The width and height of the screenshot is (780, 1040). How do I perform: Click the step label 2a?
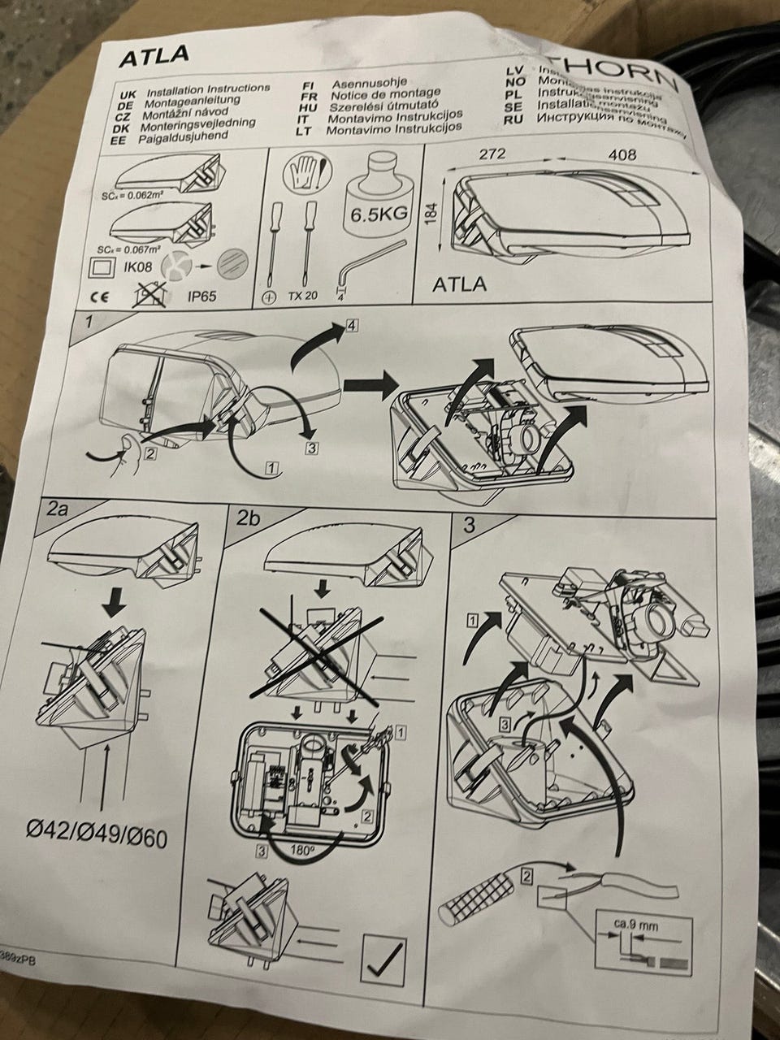click(58, 510)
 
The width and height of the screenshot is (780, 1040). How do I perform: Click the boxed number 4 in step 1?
click(350, 327)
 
